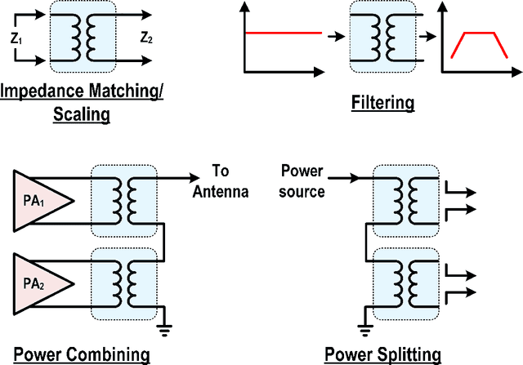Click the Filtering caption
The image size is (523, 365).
click(382, 103)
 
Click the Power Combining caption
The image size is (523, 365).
click(77, 354)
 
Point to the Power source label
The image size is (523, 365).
click(302, 181)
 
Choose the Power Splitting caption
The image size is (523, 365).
click(382, 354)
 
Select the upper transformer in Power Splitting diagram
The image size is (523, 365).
click(405, 201)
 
